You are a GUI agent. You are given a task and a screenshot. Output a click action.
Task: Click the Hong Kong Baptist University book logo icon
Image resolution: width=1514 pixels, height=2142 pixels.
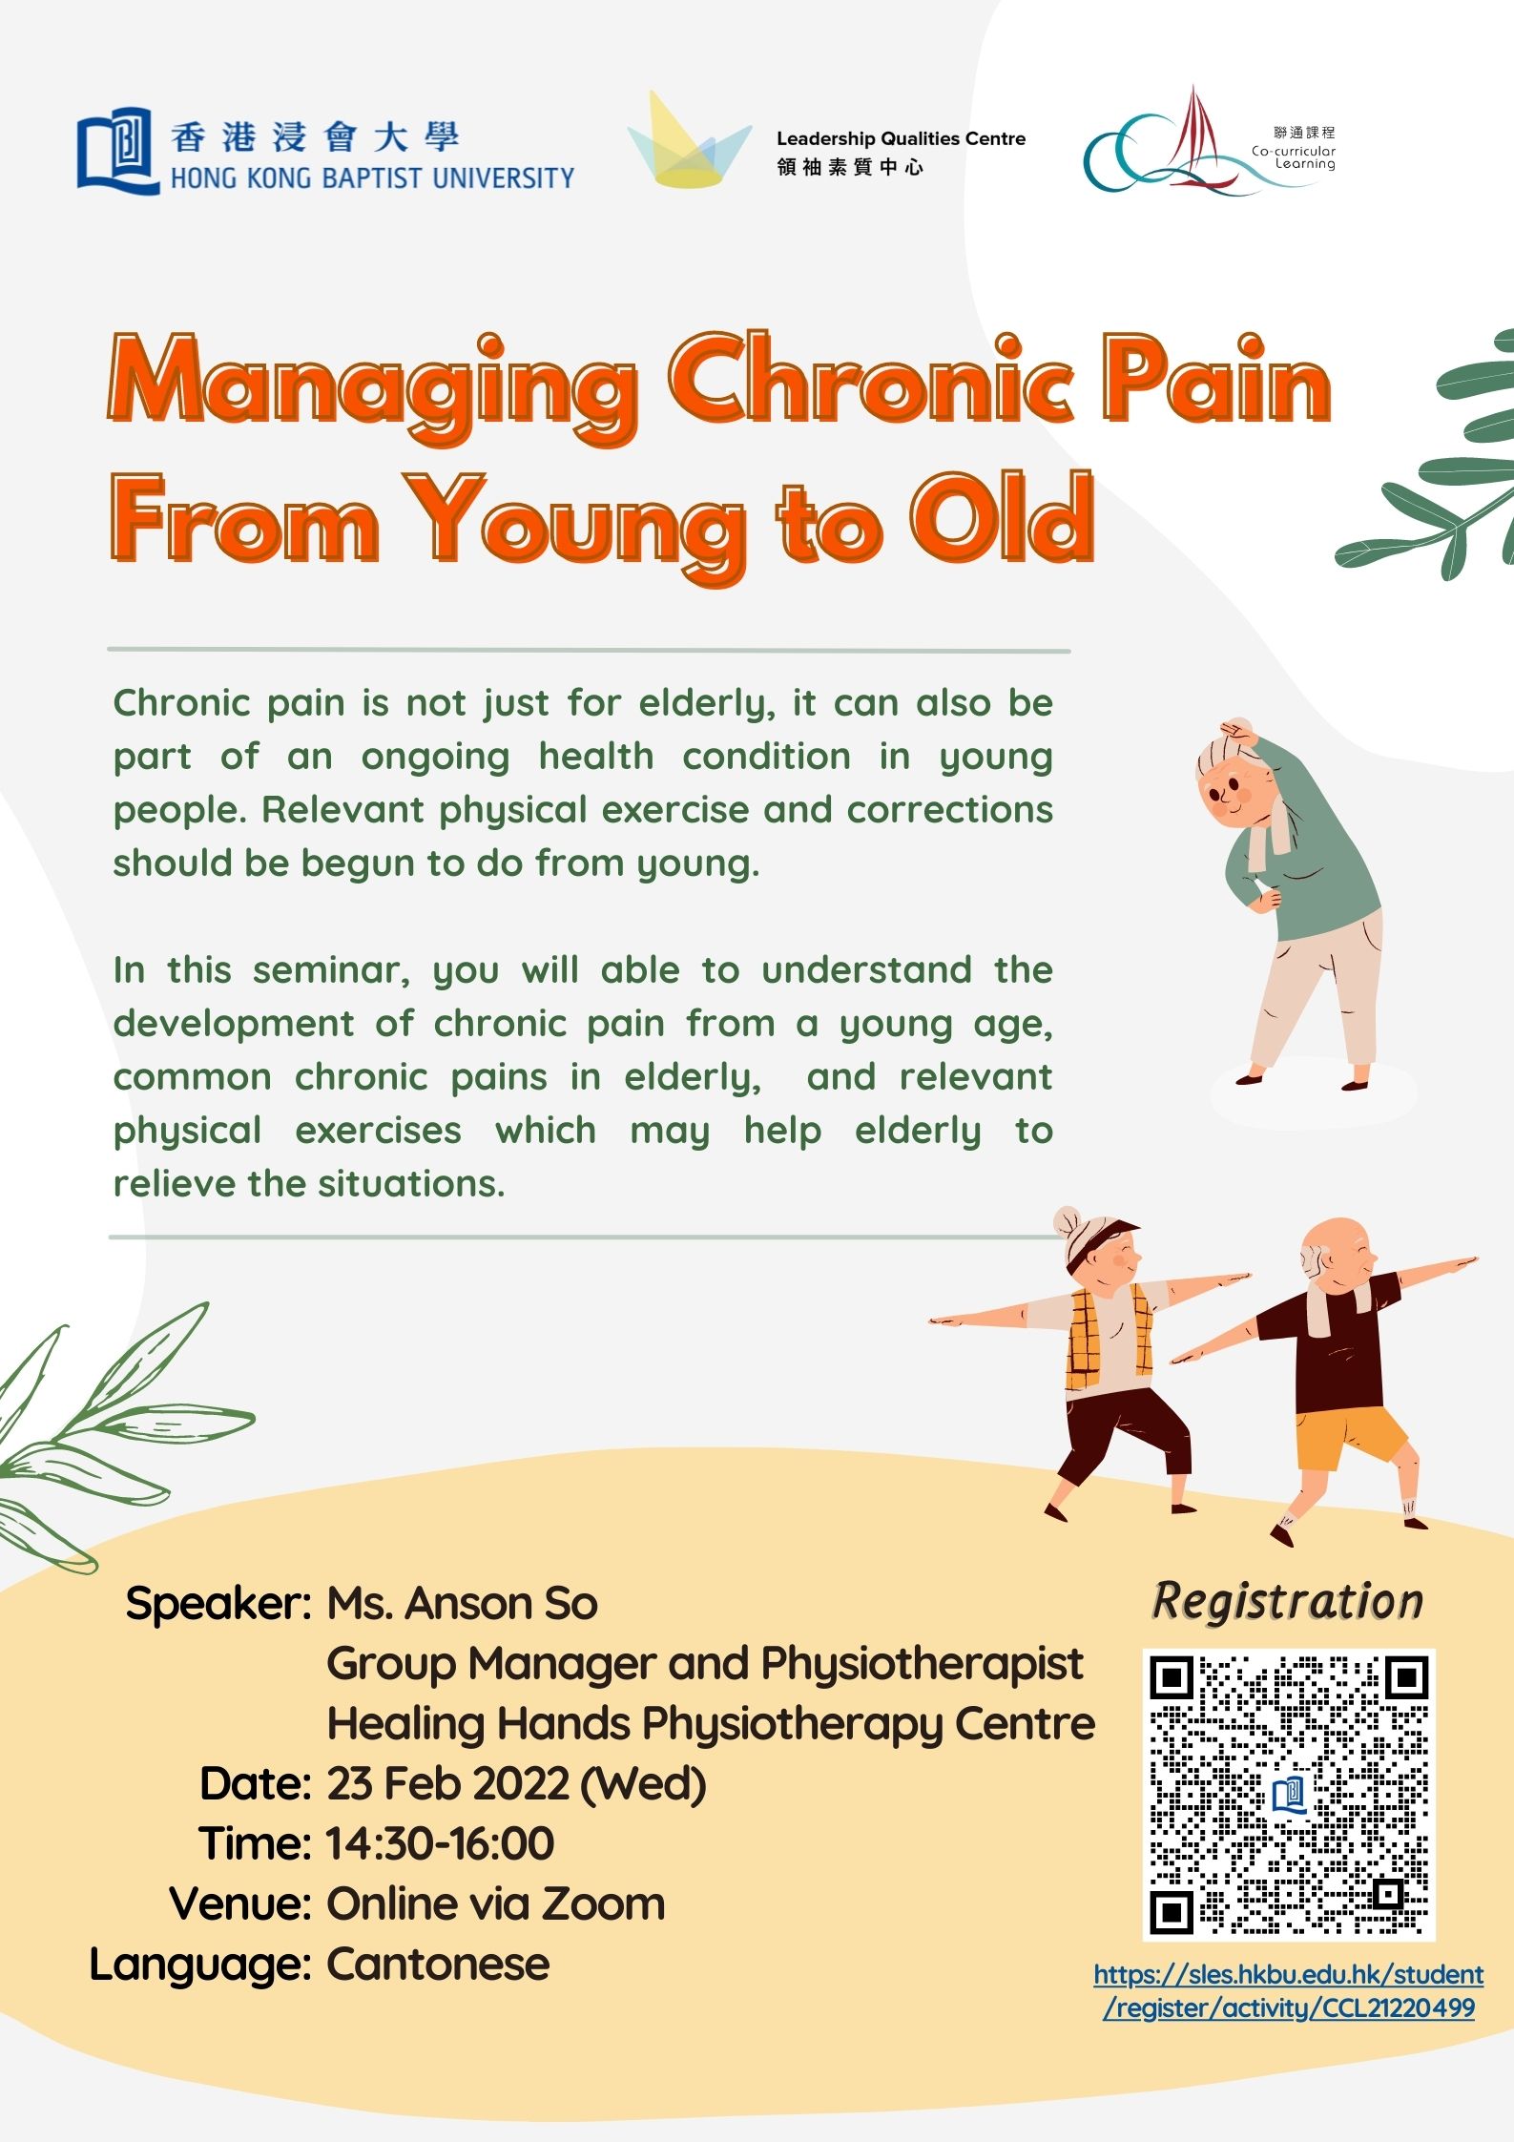[118, 151]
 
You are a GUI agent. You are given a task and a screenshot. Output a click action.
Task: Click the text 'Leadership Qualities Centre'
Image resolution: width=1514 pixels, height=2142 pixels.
[901, 139]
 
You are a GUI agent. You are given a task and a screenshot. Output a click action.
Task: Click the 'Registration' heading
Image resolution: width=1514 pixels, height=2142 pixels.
[1287, 1602]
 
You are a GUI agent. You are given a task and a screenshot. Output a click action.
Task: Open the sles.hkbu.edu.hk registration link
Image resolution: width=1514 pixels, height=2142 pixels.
[1289, 1990]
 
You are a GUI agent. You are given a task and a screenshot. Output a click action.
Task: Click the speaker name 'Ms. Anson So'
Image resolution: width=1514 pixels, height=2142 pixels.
[463, 1604]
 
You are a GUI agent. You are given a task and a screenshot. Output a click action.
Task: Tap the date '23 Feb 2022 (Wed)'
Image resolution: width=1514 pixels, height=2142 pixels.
[516, 1784]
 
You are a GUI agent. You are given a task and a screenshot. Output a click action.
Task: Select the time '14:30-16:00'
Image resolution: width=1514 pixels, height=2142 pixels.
[440, 1843]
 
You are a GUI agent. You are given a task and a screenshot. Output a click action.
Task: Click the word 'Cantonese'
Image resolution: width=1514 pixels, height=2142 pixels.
[438, 1964]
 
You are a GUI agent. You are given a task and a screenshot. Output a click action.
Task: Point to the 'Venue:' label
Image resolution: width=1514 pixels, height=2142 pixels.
[240, 1903]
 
